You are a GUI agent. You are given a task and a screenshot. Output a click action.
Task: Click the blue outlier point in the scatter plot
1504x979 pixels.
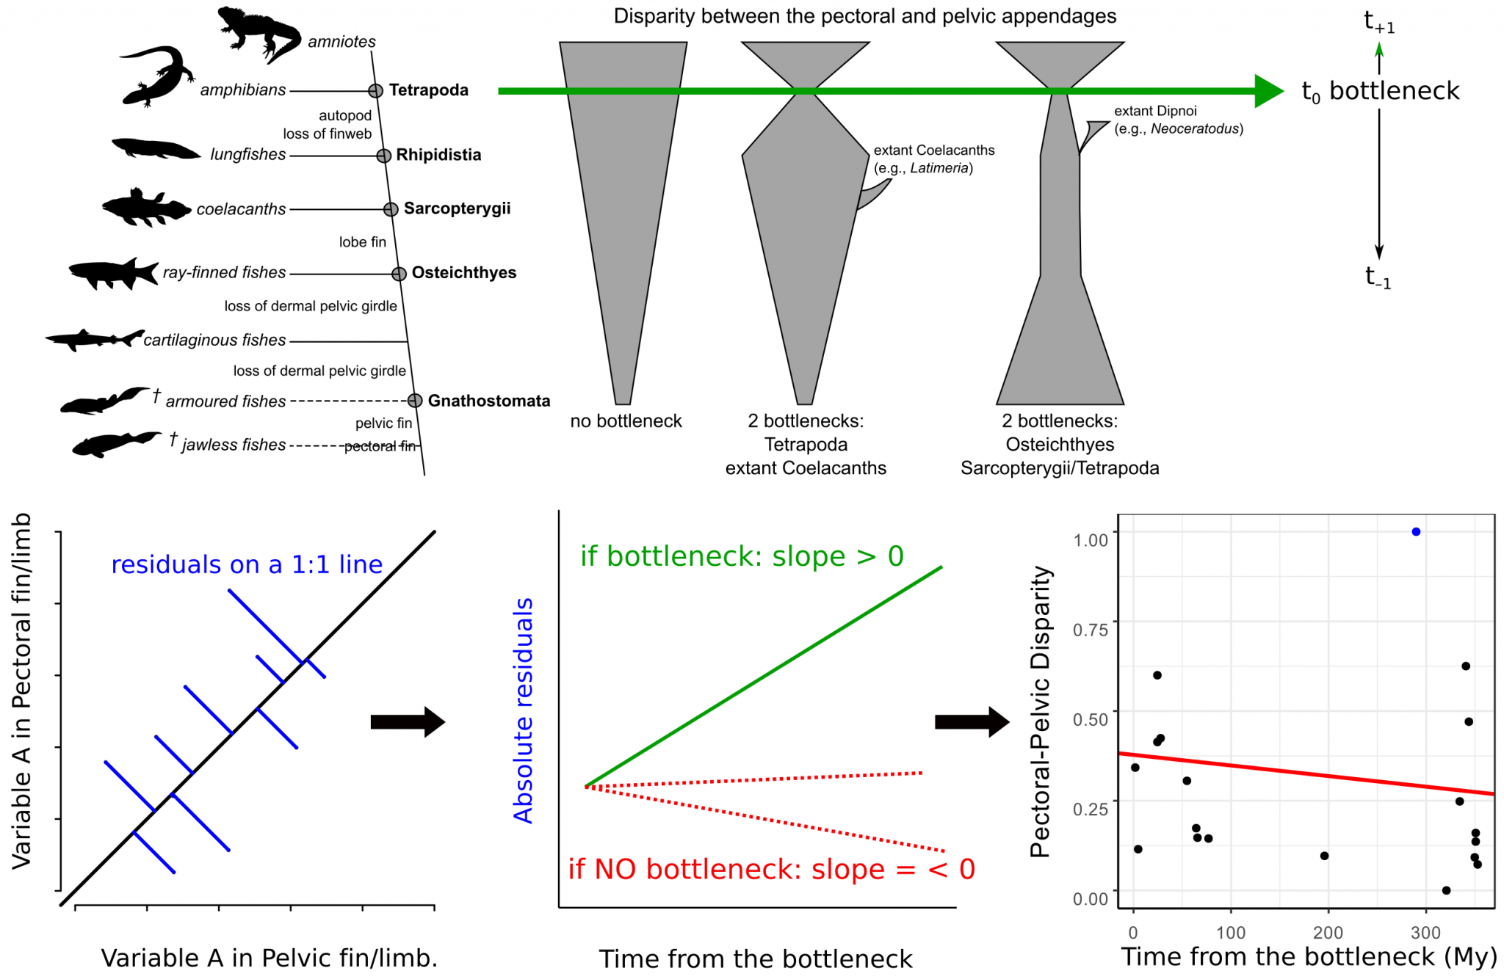click(x=1415, y=531)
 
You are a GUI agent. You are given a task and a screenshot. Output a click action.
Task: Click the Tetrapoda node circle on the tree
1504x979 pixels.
click(x=375, y=91)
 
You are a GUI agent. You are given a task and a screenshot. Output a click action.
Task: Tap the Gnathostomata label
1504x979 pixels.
click(x=488, y=401)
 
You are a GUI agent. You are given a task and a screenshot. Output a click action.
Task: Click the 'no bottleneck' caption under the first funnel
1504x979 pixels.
click(x=626, y=421)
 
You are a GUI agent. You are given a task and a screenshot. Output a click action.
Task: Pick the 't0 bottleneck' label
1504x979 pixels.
click(x=1380, y=92)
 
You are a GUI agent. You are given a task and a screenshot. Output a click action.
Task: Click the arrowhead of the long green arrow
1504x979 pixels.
click(x=1268, y=91)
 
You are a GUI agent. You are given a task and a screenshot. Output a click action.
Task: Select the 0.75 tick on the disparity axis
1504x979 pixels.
click(x=1090, y=630)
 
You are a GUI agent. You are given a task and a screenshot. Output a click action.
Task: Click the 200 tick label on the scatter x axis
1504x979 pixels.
click(x=1328, y=933)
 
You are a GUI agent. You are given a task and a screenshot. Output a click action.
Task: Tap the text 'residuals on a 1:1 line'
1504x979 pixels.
click(x=247, y=564)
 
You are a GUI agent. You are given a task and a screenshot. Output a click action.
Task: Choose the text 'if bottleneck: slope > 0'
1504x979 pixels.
click(x=742, y=556)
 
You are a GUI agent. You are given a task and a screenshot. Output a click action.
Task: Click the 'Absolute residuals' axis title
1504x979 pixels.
click(x=523, y=710)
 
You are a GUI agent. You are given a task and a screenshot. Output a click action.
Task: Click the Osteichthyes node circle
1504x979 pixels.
click(x=399, y=274)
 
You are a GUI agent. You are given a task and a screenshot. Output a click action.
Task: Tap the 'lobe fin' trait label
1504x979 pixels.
click(x=362, y=242)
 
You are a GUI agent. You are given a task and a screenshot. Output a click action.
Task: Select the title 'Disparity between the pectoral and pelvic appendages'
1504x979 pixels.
click(x=864, y=16)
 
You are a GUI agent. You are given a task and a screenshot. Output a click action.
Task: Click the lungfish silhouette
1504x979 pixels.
click(x=155, y=148)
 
